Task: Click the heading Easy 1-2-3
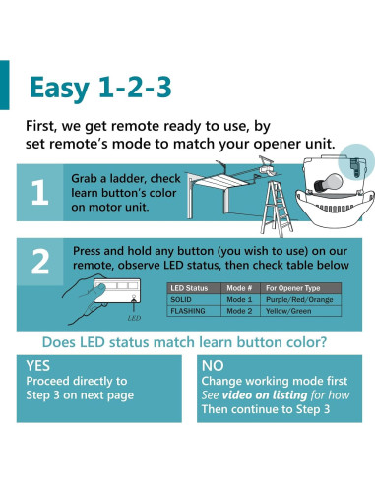tap(100, 88)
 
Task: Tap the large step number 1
tap(39, 192)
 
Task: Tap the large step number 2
tap(40, 262)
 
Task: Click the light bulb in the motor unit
tap(328, 183)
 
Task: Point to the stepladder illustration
tap(277, 208)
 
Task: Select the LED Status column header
tap(189, 288)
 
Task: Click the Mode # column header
tap(239, 288)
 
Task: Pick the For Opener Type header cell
tap(292, 288)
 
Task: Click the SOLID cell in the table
tap(181, 299)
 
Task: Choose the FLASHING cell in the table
tap(188, 311)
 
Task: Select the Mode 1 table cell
tap(239, 299)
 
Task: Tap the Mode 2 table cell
tap(239, 311)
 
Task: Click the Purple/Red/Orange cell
tap(299, 300)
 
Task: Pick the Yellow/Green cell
tap(288, 311)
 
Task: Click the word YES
tap(38, 366)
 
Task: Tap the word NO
tap(213, 366)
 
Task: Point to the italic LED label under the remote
tap(134, 318)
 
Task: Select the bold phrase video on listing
tap(265, 395)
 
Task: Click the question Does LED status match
tap(184, 342)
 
